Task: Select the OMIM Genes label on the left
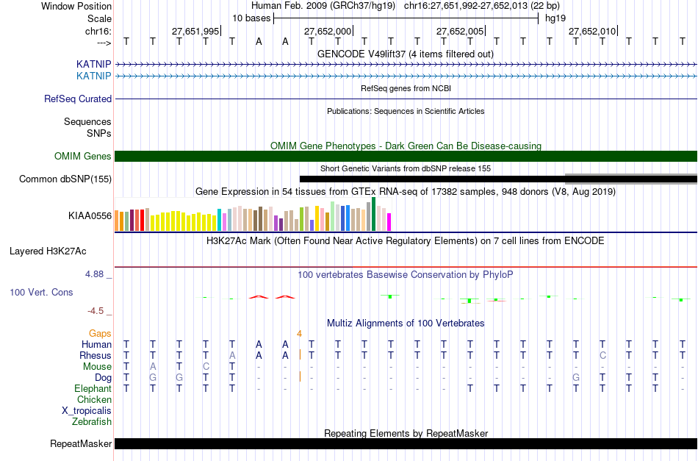[83, 156]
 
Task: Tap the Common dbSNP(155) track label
[65, 179]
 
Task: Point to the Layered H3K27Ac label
[48, 251]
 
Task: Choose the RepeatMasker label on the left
[81, 443]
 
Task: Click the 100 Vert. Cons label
[41, 292]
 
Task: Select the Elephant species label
[93, 388]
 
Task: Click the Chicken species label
[94, 399]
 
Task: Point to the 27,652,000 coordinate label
[328, 31]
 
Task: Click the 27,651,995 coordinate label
[195, 31]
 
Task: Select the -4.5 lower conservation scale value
[99, 311]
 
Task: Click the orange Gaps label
[100, 333]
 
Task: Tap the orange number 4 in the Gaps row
[299, 333]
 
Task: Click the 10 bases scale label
[251, 18]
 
